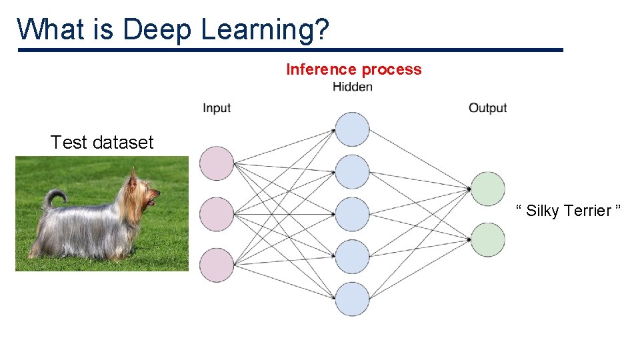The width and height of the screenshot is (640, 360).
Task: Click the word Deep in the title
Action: [158, 30]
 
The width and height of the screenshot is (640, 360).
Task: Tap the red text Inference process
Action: [353, 69]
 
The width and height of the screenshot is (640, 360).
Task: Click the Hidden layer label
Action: [352, 87]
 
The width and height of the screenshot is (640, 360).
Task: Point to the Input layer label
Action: [217, 108]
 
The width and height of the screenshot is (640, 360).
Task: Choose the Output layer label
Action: [487, 108]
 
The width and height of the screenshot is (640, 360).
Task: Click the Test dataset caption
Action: [102, 142]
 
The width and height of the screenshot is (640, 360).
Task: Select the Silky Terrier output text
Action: [569, 211]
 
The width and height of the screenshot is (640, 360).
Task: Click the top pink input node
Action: [217, 163]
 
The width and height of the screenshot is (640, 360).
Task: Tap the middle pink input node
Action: [217, 214]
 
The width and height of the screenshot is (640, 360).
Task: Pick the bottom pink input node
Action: [217, 265]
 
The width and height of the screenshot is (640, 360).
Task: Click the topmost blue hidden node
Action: [352, 129]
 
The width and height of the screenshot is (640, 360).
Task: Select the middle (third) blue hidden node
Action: [352, 214]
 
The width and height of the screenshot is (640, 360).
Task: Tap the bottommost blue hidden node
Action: [352, 299]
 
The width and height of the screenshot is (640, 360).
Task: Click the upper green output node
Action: [488, 189]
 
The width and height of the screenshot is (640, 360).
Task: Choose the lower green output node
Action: [488, 239]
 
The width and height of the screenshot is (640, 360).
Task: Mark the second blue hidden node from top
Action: [352, 172]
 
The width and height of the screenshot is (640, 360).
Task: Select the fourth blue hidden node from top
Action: [352, 257]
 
